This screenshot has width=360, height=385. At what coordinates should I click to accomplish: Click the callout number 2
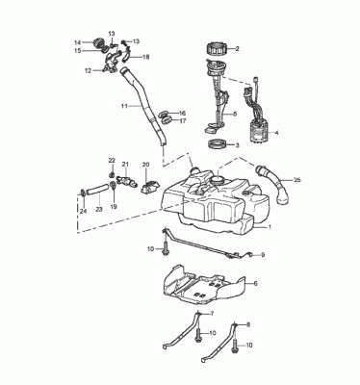tap(238, 49)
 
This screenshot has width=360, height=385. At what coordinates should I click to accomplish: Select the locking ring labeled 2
tap(217, 48)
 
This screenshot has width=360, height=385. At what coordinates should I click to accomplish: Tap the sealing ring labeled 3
tap(218, 144)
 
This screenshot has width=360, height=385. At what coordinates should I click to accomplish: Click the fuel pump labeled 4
tap(259, 132)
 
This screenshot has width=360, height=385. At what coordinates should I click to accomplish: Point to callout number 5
tap(235, 114)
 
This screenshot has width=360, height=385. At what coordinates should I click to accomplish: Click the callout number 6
tap(256, 283)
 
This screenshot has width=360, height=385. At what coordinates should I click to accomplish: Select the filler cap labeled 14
tap(96, 43)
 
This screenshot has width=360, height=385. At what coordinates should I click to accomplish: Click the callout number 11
tap(124, 106)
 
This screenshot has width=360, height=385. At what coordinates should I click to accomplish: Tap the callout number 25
tap(297, 180)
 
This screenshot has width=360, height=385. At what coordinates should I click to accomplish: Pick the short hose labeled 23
tap(96, 189)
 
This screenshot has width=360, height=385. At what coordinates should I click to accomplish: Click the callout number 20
tap(146, 165)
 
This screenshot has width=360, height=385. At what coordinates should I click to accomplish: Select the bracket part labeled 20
tap(149, 187)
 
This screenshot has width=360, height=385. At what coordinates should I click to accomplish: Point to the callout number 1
tap(270, 227)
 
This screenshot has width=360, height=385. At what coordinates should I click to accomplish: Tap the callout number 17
tap(183, 121)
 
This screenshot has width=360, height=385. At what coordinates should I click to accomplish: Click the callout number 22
tap(112, 161)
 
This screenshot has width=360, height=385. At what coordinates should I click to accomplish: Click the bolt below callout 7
tap(198, 333)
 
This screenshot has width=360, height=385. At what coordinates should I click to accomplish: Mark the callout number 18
tap(146, 57)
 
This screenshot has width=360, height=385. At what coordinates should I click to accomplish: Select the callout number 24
tap(84, 211)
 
